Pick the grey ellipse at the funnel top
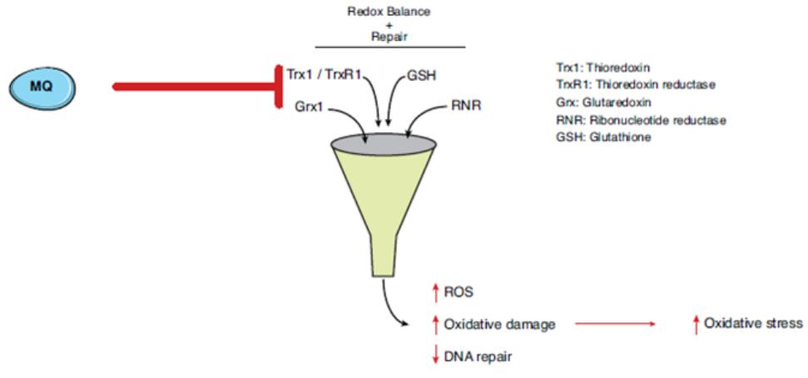[x=384, y=144]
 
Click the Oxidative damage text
[x=499, y=324]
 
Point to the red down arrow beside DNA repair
[x=434, y=356]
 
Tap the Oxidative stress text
[x=753, y=323]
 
